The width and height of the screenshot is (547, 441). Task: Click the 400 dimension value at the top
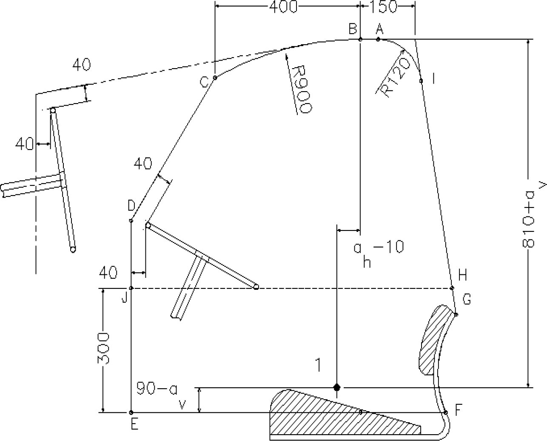(283, 7)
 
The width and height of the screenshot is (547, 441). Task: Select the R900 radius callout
(302, 89)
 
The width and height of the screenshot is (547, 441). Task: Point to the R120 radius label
(396, 78)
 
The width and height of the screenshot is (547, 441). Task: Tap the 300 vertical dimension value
(103, 348)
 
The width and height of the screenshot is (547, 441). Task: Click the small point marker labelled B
(360, 39)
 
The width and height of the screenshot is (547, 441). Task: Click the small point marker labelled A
(378, 39)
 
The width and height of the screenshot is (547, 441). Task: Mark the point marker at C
(215, 78)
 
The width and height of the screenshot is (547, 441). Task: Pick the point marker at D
(131, 221)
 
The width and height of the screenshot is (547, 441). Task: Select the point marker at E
(131, 412)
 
